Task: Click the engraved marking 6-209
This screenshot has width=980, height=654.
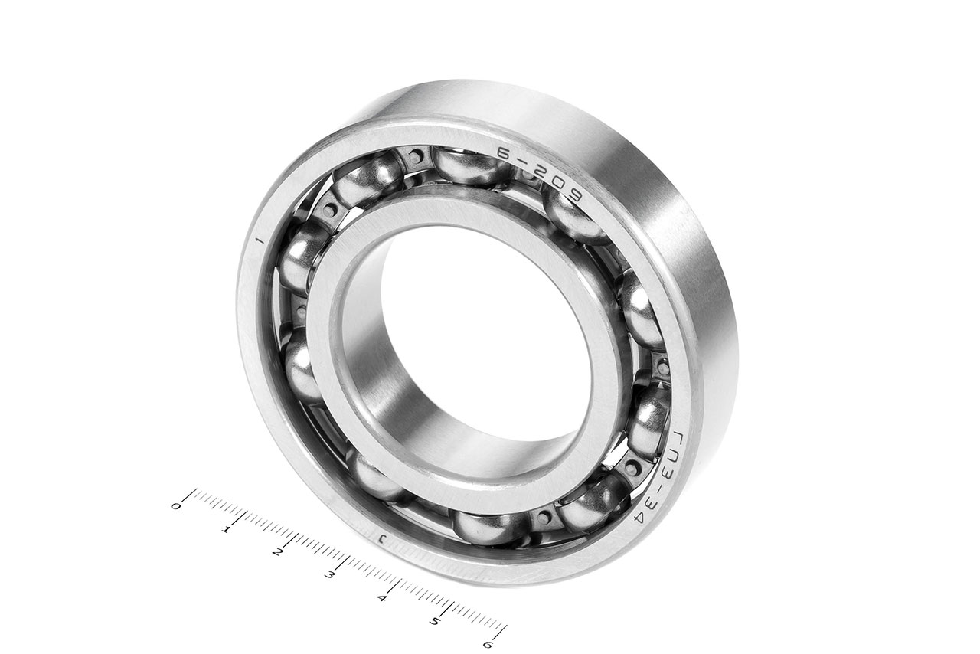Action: tap(541, 176)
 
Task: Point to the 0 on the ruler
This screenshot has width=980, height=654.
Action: tap(175, 507)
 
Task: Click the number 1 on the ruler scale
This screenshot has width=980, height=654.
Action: tap(226, 530)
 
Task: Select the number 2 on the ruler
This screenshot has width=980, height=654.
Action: tap(276, 553)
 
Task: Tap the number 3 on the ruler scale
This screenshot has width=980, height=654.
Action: tap(329, 575)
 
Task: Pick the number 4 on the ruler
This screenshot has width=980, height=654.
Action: tap(382, 598)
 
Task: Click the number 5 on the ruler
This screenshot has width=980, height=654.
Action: tap(434, 621)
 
